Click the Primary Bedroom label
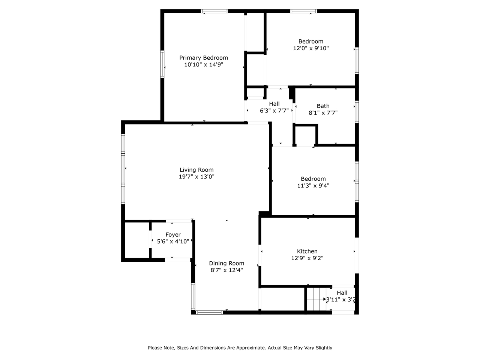tap(204, 58)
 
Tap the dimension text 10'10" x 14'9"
tap(204, 64)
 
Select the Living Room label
tap(196, 170)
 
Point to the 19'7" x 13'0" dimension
tap(196, 177)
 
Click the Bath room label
tap(323, 106)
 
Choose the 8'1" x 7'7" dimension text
tap(323, 112)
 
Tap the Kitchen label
tap(307, 251)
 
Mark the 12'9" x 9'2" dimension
tap(307, 258)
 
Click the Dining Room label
tap(226, 263)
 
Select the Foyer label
tap(173, 235)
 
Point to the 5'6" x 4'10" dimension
tap(173, 241)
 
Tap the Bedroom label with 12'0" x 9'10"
tap(310, 42)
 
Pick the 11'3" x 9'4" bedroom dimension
tap(313, 185)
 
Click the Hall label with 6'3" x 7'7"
tap(274, 104)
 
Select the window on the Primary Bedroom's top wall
tap(214, 11)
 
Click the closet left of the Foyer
tap(137, 240)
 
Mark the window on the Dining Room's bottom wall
tap(209, 312)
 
